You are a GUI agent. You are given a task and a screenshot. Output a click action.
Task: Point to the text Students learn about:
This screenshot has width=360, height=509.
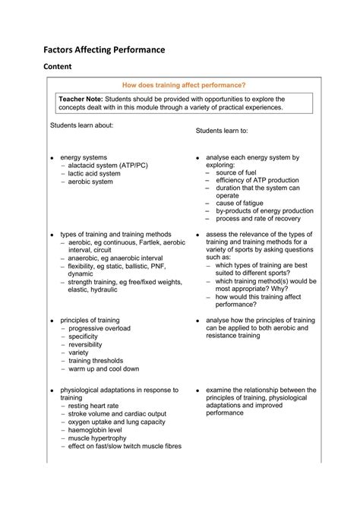pyautogui.click(x=81, y=125)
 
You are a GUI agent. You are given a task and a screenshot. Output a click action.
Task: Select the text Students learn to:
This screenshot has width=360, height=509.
pyautogui.click(x=226, y=131)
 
